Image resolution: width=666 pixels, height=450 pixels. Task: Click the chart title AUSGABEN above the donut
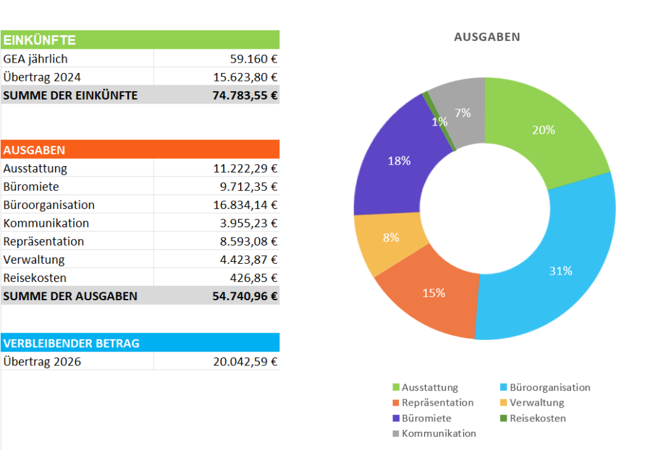coord(486,37)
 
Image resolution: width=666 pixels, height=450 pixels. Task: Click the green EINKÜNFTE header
coord(140,40)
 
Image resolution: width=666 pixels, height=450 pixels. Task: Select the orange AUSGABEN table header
coord(140,150)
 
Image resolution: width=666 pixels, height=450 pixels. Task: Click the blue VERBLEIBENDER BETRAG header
coord(140,343)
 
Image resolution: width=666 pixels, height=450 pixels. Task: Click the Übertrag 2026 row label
coord(42,361)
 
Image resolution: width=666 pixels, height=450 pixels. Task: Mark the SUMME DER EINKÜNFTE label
coord(70,95)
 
